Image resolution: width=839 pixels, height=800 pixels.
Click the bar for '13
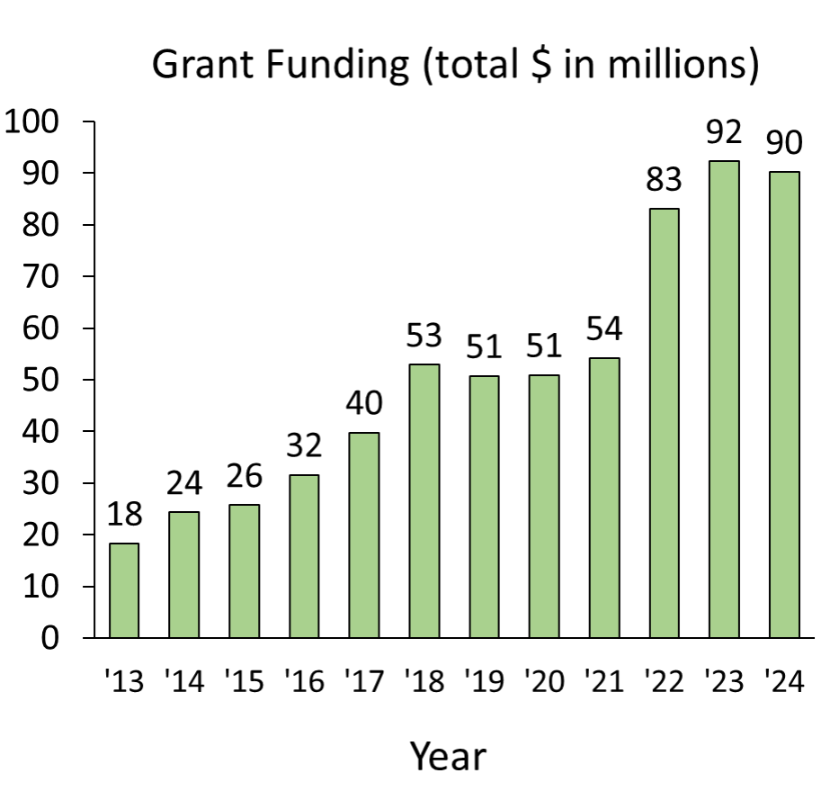(x=124, y=590)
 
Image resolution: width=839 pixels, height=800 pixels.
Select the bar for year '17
(x=364, y=535)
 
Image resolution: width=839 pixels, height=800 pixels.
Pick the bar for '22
(x=664, y=423)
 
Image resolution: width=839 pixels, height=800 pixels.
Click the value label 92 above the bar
(x=724, y=131)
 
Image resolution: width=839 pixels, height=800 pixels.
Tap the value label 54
(x=604, y=328)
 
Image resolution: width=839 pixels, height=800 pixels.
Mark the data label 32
(x=304, y=445)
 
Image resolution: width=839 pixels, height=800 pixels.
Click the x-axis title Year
(x=448, y=756)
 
